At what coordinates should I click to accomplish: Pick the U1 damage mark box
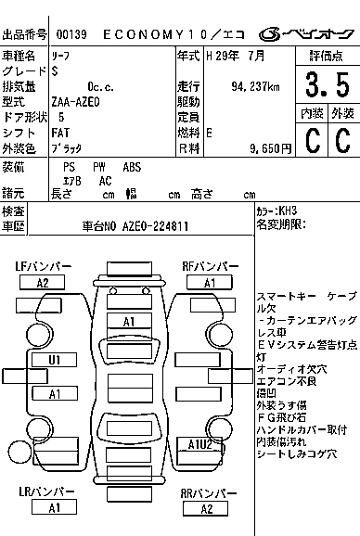[55, 359]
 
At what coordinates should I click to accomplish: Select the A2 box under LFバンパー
[42, 283]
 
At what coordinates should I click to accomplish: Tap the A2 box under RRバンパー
[211, 508]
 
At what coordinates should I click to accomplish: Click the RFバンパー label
[210, 266]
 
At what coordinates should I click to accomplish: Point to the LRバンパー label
[42, 491]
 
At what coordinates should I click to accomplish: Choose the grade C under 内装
[312, 141]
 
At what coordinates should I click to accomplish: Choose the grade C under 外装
[342, 141]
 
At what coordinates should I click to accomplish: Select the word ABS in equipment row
[132, 167]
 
